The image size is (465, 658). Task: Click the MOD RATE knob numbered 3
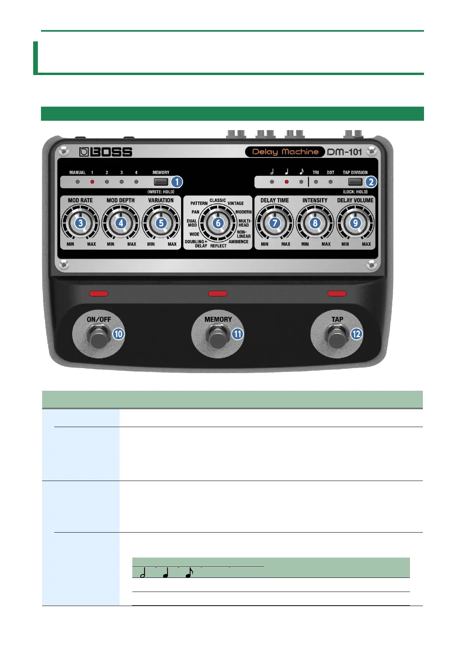click(80, 223)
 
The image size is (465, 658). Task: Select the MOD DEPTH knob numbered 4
click(121, 223)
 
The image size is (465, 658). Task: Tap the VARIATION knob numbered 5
click(161, 223)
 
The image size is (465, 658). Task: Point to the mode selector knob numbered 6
click(218, 223)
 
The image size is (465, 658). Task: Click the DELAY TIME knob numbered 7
click(274, 223)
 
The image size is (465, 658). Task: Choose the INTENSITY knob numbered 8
click(315, 223)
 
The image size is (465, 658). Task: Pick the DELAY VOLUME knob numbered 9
click(355, 223)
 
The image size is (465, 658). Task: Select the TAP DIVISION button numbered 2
click(355, 182)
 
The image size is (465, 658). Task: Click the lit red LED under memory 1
click(92, 182)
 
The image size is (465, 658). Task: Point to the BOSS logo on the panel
click(106, 152)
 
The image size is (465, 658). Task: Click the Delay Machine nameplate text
click(285, 152)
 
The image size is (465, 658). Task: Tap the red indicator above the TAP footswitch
click(337, 293)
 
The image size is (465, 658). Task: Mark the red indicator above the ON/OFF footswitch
click(99, 293)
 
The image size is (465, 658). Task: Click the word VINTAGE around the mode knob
click(235, 203)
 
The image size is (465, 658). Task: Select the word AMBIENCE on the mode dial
click(238, 241)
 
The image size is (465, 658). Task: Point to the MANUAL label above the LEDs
click(77, 172)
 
